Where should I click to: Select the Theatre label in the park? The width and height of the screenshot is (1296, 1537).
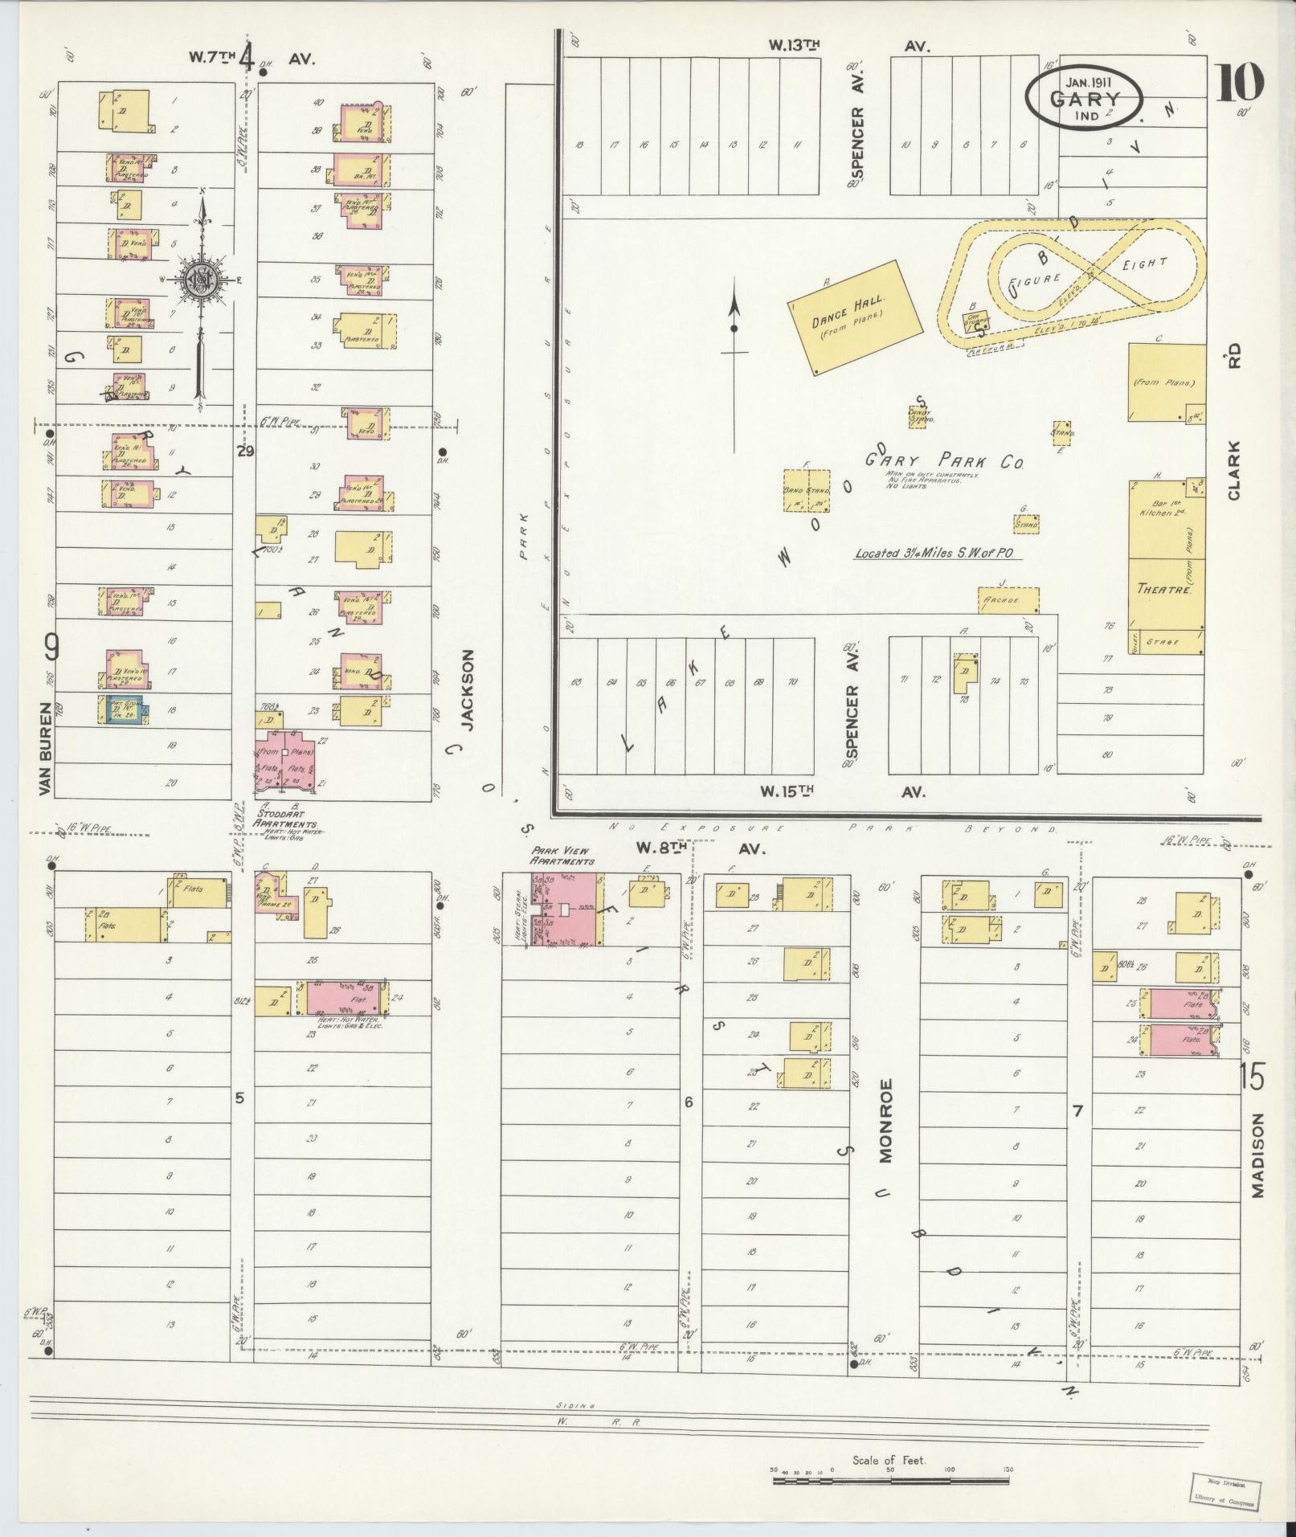(1163, 588)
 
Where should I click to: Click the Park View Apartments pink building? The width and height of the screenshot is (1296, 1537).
(571, 909)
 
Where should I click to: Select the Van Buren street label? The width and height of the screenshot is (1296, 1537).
(46, 750)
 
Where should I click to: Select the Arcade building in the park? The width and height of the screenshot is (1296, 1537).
(1008, 600)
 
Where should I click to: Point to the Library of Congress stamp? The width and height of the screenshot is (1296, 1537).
(1222, 1492)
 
